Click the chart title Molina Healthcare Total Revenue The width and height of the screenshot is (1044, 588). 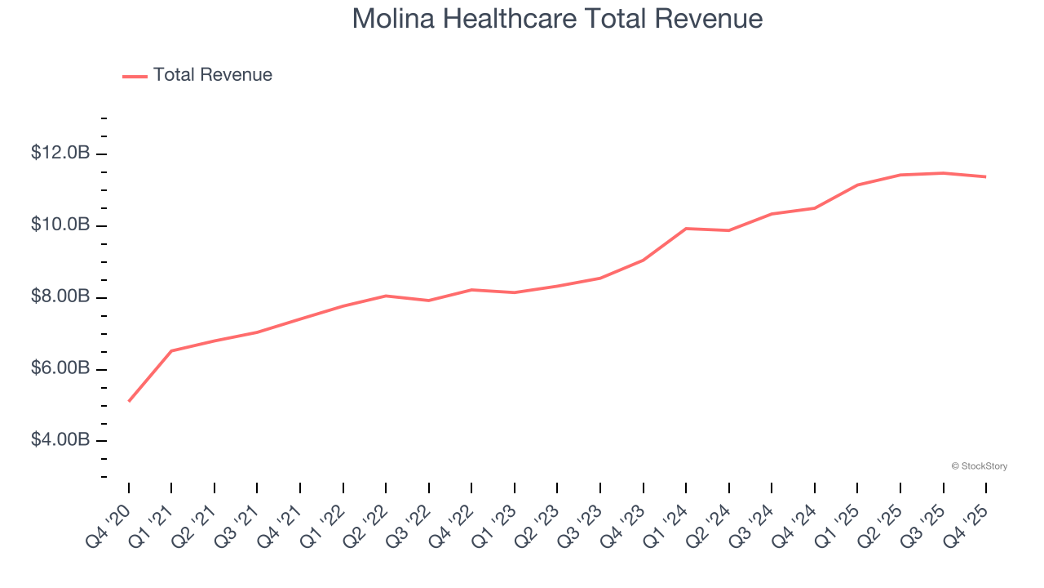click(x=557, y=19)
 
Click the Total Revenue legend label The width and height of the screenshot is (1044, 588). click(x=212, y=75)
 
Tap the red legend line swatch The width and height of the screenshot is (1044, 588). click(x=135, y=76)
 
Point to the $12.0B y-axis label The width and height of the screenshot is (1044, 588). click(x=60, y=153)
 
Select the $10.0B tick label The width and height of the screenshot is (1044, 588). click(x=60, y=225)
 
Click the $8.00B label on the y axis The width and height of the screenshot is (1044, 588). click(x=60, y=296)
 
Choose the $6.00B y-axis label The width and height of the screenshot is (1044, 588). click(x=60, y=368)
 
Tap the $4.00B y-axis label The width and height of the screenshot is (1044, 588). click(x=60, y=440)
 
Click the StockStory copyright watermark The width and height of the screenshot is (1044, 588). click(x=979, y=466)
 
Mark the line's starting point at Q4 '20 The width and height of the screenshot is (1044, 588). click(x=129, y=401)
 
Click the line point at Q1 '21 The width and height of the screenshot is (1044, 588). click(x=171, y=351)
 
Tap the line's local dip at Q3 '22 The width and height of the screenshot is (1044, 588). click(x=429, y=301)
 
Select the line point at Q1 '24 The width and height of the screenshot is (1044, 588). click(x=686, y=229)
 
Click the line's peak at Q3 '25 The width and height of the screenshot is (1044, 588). click(x=944, y=173)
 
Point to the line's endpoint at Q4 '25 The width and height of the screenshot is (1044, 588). click(x=986, y=176)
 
